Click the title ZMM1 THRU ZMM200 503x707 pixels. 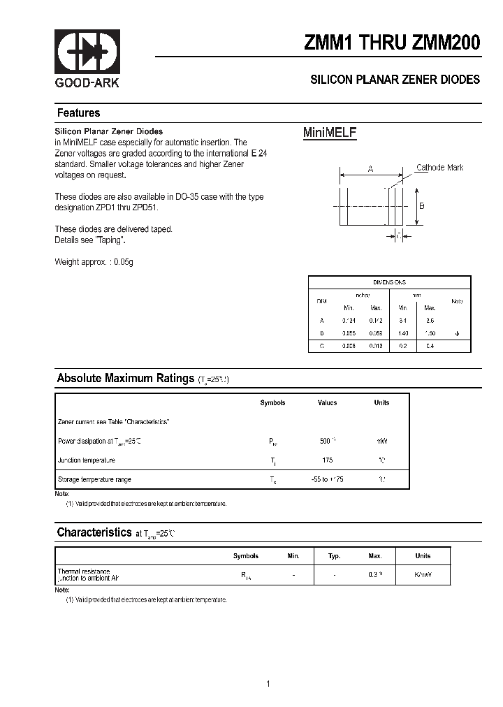point(392,43)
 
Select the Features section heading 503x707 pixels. point(78,113)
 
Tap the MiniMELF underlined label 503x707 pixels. point(330,133)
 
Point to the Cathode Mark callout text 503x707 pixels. point(439,168)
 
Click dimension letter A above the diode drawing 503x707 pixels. point(371,169)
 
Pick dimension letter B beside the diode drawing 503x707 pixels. point(421,205)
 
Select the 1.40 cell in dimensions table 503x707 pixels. point(403,333)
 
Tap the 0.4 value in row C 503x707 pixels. point(430,346)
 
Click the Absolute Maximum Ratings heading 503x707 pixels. point(125,378)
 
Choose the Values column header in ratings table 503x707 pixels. point(327,403)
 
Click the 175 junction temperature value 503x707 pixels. point(327,460)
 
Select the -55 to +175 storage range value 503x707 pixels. point(327,479)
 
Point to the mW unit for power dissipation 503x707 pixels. point(381,442)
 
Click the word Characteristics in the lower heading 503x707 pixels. point(94,532)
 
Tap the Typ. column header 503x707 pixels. point(335,556)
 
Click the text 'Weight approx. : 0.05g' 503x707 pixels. point(94,262)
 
